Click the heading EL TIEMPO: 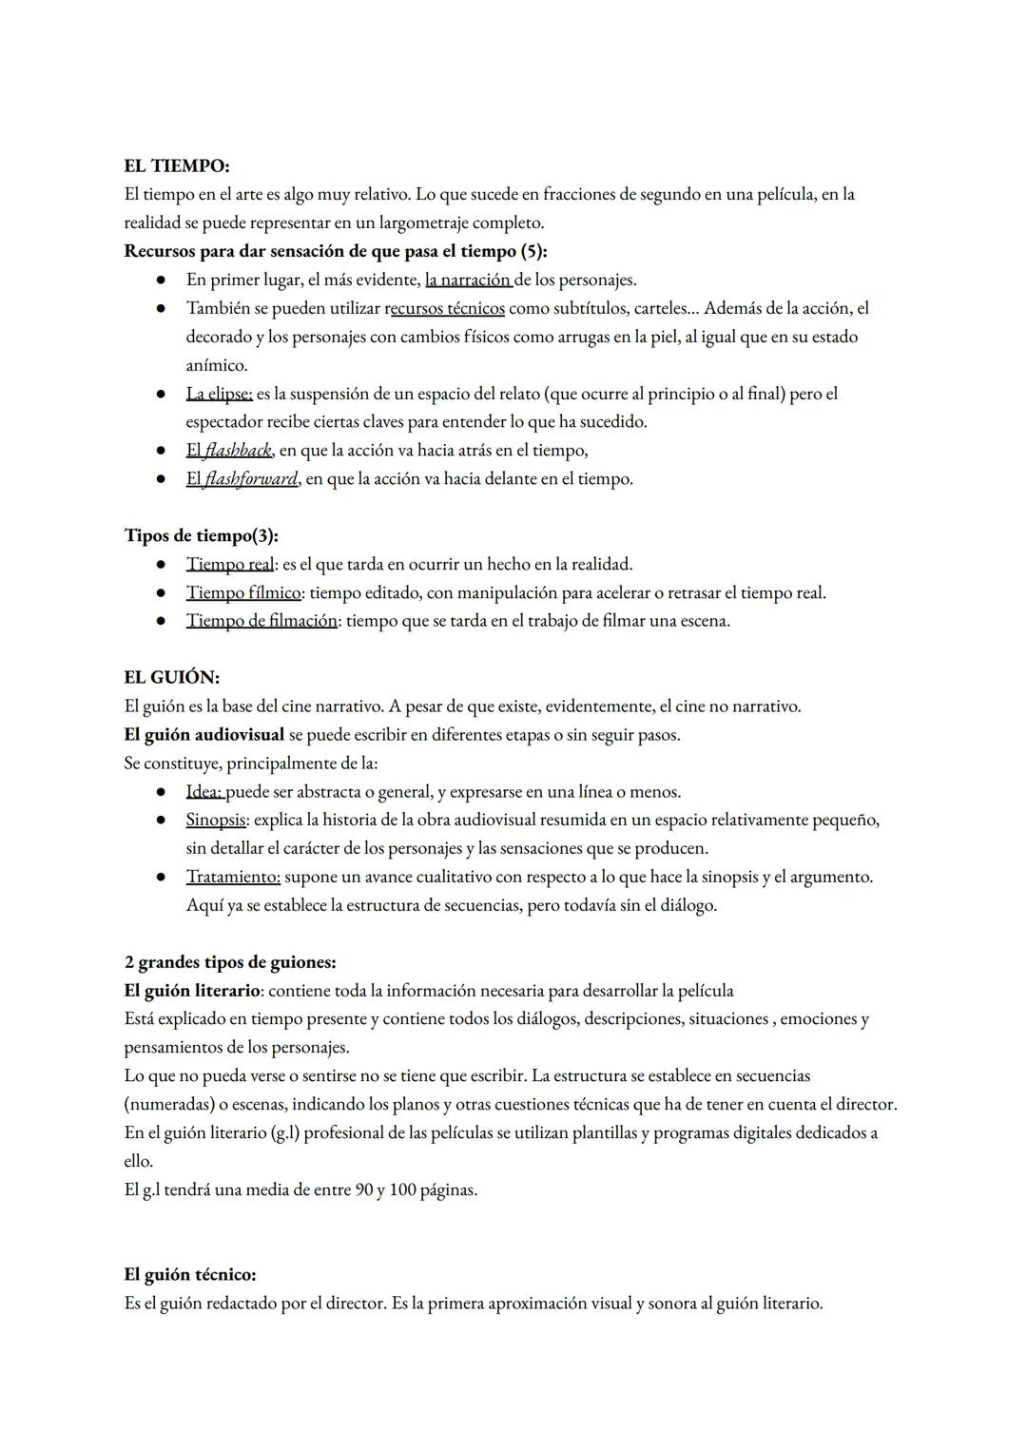(x=176, y=165)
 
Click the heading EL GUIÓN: (x=171, y=677)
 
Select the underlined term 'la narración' (x=468, y=280)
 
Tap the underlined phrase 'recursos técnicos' (x=445, y=308)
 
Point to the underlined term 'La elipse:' (x=219, y=394)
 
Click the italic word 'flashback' (x=238, y=450)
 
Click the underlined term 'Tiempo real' (x=229, y=564)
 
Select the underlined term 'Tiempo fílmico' (x=243, y=592)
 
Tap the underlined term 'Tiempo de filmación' (x=262, y=621)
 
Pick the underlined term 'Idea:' (x=204, y=791)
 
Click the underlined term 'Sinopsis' (x=216, y=820)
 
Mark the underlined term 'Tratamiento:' (x=233, y=877)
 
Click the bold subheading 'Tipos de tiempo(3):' (x=201, y=535)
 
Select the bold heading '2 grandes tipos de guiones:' (x=229, y=961)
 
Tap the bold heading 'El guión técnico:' (x=189, y=1274)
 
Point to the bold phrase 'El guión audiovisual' (x=203, y=734)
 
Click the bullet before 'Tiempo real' (x=162, y=565)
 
